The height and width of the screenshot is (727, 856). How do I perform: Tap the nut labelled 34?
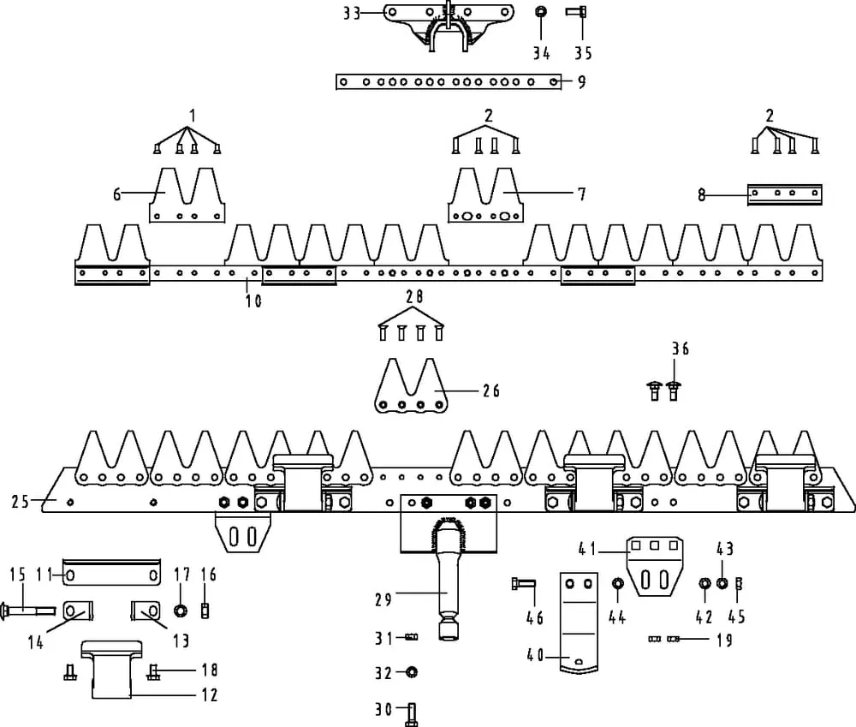(541, 13)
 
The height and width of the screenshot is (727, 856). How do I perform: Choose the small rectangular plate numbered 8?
(784, 194)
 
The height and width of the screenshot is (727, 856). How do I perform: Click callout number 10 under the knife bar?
(254, 301)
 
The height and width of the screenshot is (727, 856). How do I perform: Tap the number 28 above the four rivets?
(414, 297)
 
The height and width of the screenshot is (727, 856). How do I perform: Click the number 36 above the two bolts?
(680, 349)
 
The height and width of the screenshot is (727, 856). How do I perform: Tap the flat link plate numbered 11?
(112, 574)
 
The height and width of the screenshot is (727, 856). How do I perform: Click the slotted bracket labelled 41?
(656, 569)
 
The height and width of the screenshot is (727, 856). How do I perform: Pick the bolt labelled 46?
(526, 586)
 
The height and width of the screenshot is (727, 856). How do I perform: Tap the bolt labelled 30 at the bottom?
(411, 712)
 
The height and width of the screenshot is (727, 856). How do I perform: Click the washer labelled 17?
(181, 611)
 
